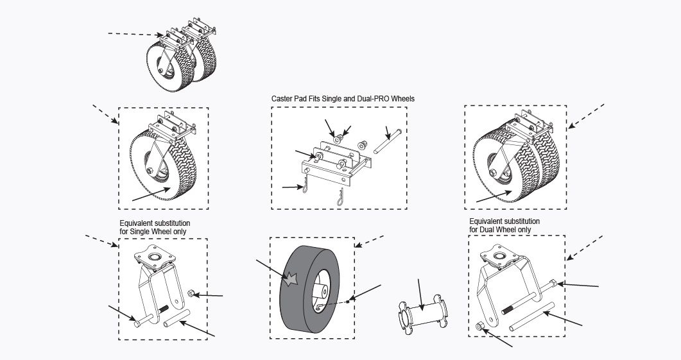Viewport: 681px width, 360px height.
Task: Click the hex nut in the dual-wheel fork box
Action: [x=481, y=327]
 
